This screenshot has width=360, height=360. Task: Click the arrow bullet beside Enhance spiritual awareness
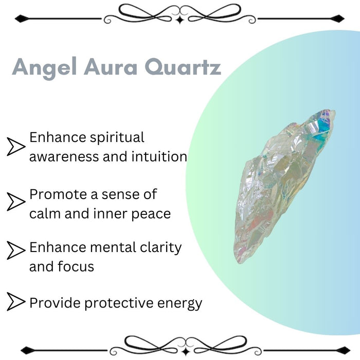pyautogui.click(x=16, y=147)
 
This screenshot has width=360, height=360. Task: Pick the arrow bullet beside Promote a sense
pyautogui.click(x=16, y=201)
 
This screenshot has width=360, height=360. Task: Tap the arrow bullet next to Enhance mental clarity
pyautogui.click(x=16, y=250)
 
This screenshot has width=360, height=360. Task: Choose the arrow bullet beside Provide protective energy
pyautogui.click(x=16, y=302)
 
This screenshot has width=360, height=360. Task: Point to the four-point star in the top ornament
pyautogui.click(x=179, y=20)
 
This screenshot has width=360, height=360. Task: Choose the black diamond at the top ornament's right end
pyautogui.click(x=337, y=19)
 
